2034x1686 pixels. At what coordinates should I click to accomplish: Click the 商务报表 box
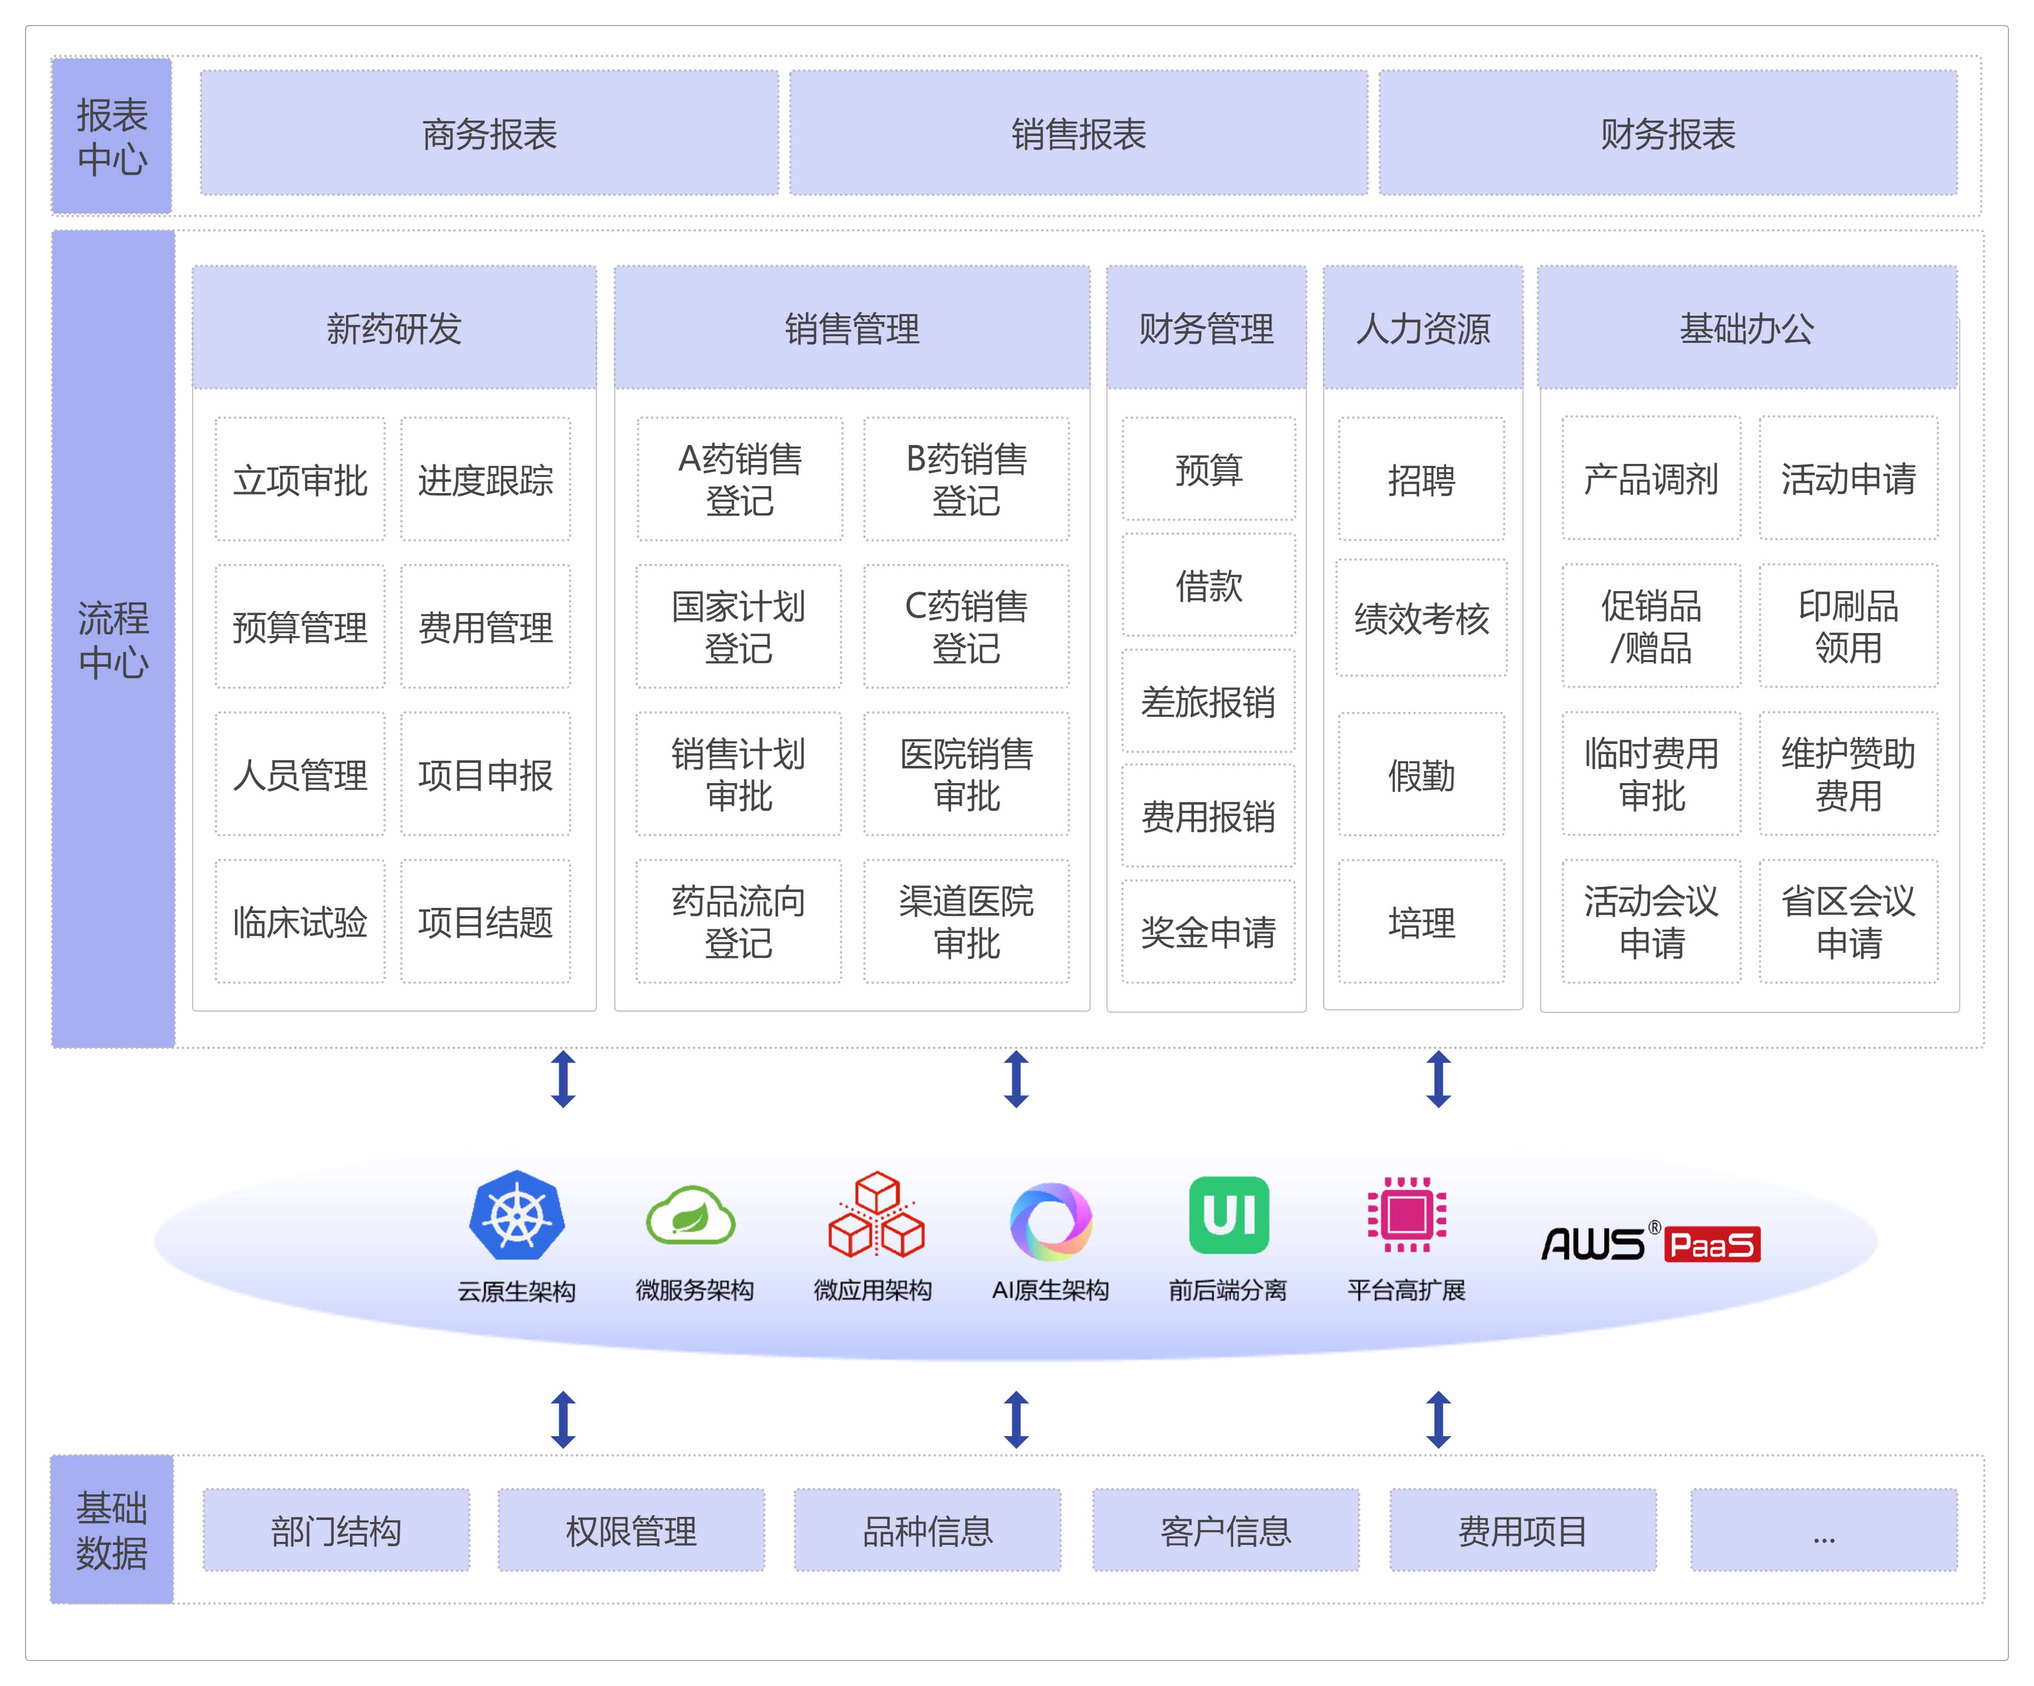coord(489,134)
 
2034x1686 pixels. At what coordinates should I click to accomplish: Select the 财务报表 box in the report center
coord(1667,134)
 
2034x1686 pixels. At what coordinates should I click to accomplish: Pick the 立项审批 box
coord(301,479)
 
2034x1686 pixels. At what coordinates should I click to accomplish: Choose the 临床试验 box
coord(301,922)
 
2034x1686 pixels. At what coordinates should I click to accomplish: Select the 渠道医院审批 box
coord(966,922)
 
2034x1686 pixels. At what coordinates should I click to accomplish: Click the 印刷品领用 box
coord(1848,626)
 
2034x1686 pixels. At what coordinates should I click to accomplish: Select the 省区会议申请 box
coord(1848,922)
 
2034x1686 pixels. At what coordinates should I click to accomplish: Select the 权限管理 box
coord(631,1530)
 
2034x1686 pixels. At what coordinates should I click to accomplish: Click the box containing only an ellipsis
coord(1823,1530)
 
